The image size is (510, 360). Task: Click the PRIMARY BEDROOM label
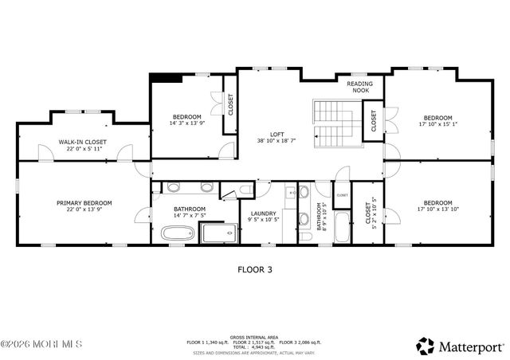[84, 203]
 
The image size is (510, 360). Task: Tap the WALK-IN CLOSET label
[82, 142]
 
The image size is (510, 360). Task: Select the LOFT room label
[277, 134]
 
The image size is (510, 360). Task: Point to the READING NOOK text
[360, 87]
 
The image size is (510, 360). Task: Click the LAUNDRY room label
[262, 213]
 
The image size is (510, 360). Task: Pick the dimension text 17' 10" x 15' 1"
[437, 123]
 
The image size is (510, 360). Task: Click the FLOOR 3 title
[255, 270]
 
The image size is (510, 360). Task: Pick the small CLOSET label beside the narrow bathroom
[342, 195]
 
